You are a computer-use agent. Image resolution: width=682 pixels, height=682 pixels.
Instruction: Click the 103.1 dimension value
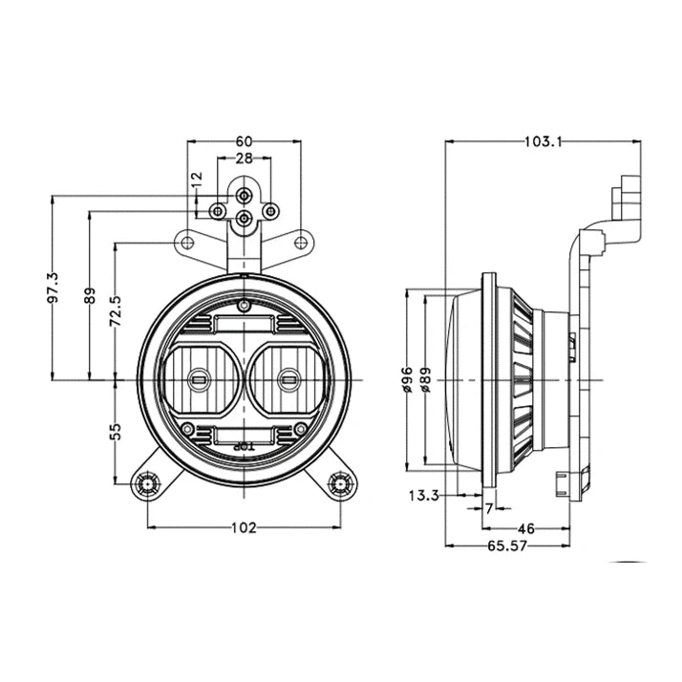tap(542, 141)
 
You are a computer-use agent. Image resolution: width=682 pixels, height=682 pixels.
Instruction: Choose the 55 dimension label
tap(116, 431)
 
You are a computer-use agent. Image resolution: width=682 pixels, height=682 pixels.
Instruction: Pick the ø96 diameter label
tap(408, 380)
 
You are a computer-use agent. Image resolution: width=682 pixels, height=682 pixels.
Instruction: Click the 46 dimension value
tap(524, 526)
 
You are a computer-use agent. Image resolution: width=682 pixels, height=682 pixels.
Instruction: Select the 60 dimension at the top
tap(244, 141)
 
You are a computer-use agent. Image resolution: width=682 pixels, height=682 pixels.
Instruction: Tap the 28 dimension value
tap(244, 160)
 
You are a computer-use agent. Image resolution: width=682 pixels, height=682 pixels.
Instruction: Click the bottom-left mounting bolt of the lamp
tap(148, 484)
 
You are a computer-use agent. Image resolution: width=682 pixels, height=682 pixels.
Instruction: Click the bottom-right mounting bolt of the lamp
tap(340, 484)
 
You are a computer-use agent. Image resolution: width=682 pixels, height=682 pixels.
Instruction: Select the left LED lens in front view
tap(200, 379)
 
